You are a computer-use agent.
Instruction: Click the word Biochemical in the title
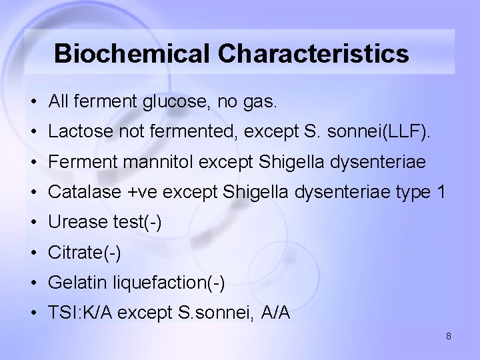click(x=135, y=53)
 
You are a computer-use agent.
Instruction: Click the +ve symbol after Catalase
click(x=142, y=193)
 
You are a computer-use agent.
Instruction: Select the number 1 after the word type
click(x=439, y=193)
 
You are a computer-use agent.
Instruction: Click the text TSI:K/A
click(x=77, y=313)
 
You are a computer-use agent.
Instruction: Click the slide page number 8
click(x=449, y=336)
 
